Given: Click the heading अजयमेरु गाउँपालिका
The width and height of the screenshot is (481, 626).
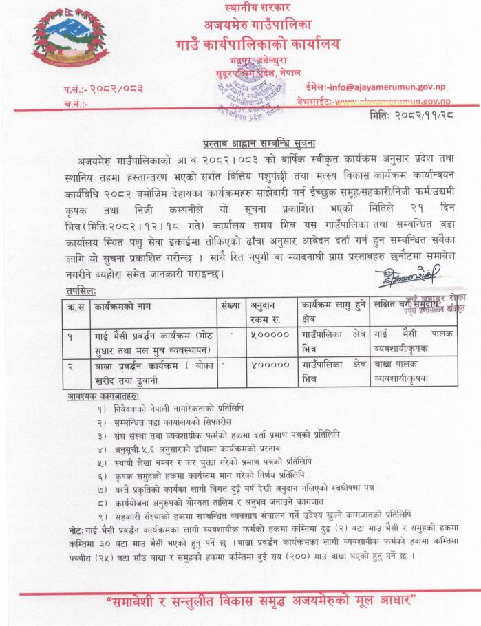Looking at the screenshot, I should pyautogui.click(x=258, y=28).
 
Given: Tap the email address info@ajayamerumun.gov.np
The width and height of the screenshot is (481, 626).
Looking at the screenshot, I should pyautogui.click(x=389, y=87).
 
